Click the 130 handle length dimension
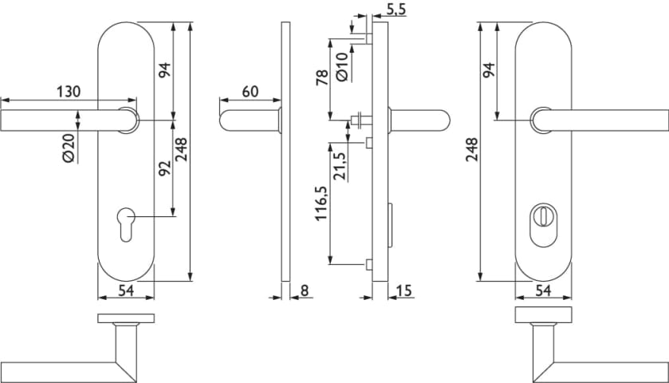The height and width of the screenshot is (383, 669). click(x=69, y=92)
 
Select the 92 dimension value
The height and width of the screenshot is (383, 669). click(x=165, y=168)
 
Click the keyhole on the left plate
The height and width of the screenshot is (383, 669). click(x=126, y=224)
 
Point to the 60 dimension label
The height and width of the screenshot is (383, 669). click(x=250, y=92)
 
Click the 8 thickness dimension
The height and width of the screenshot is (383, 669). click(x=304, y=290)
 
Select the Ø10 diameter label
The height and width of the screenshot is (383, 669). click(x=342, y=66)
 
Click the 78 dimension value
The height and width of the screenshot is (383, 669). click(x=322, y=77)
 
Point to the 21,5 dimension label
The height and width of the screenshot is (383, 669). click(x=340, y=165)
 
